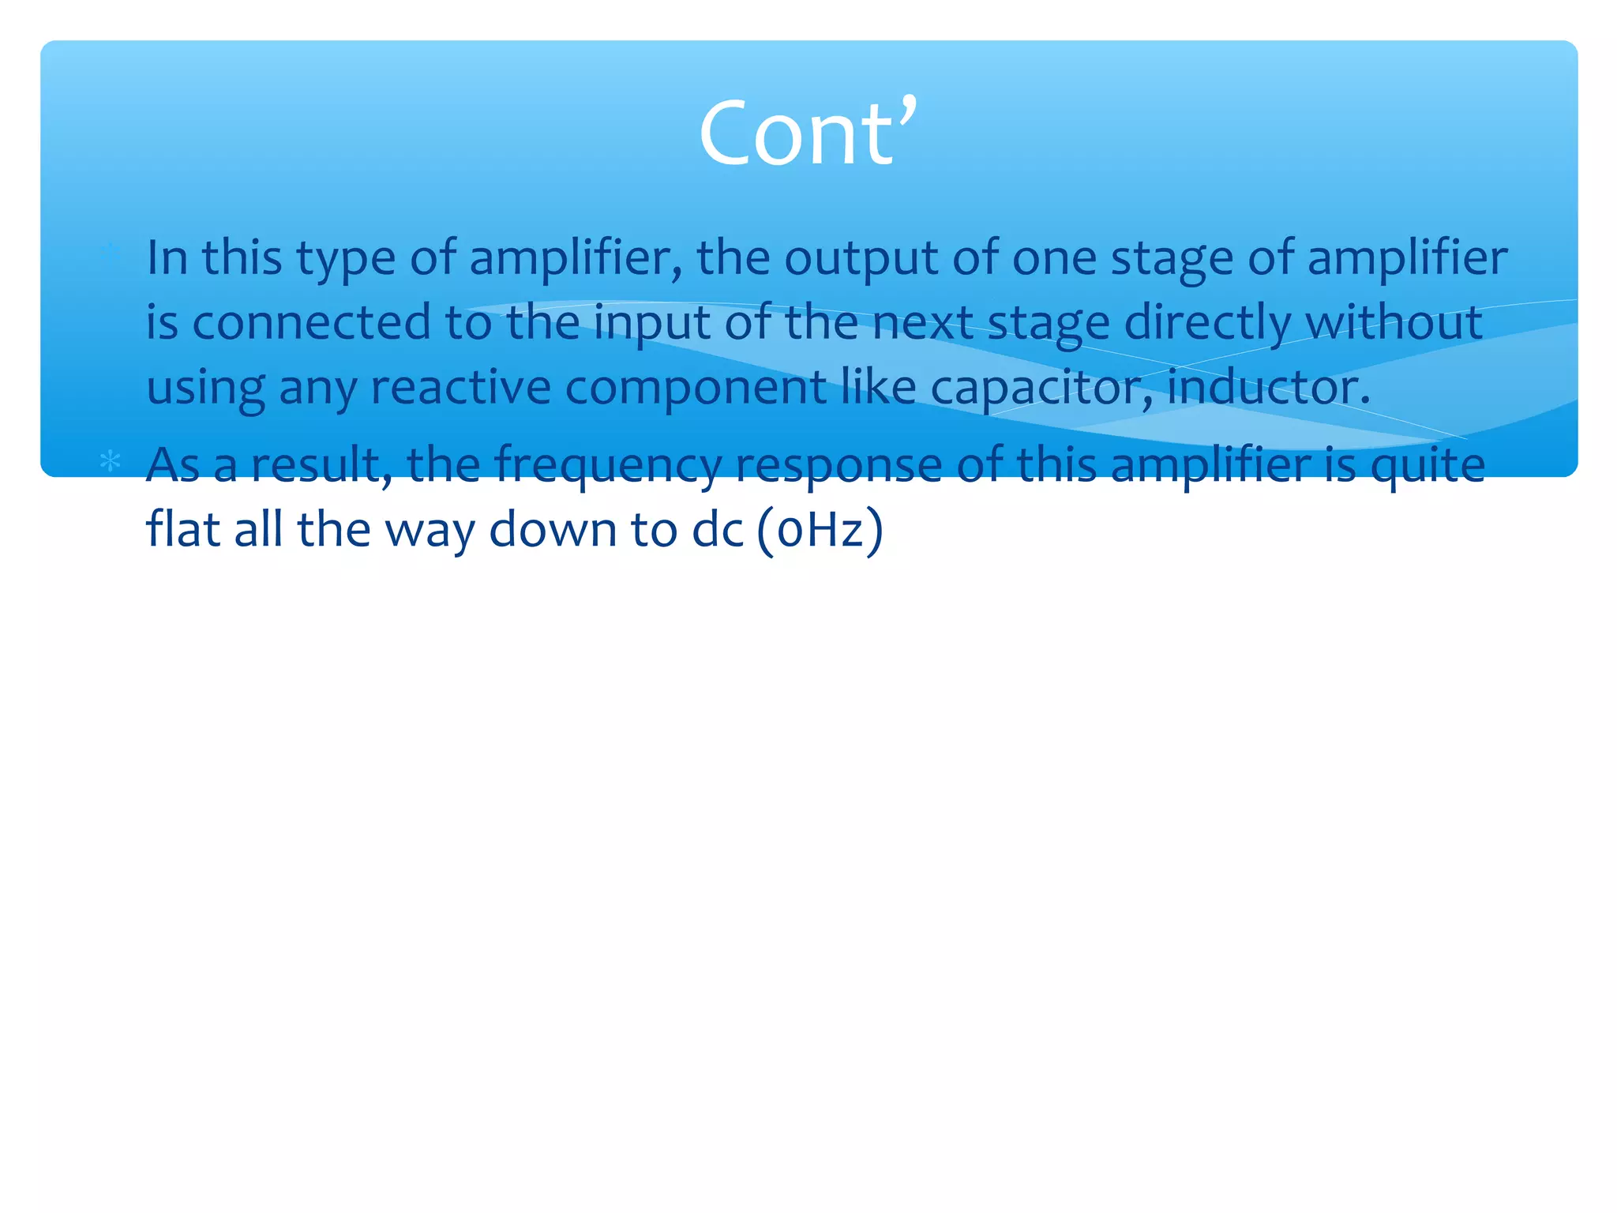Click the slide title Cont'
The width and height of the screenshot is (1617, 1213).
pyautogui.click(x=808, y=133)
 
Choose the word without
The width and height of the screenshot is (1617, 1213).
pyautogui.click(x=1394, y=322)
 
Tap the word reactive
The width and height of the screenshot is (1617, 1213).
pyautogui.click(x=460, y=387)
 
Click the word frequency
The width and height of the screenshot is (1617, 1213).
pyautogui.click(x=608, y=466)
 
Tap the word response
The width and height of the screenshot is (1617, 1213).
pyautogui.click(x=839, y=466)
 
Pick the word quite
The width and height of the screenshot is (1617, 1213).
pyautogui.click(x=1427, y=466)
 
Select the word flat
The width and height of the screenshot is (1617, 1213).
pyautogui.click(x=182, y=529)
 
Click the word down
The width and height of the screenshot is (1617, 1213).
pyautogui.click(x=553, y=529)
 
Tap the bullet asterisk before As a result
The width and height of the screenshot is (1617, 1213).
pyautogui.click(x=111, y=461)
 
